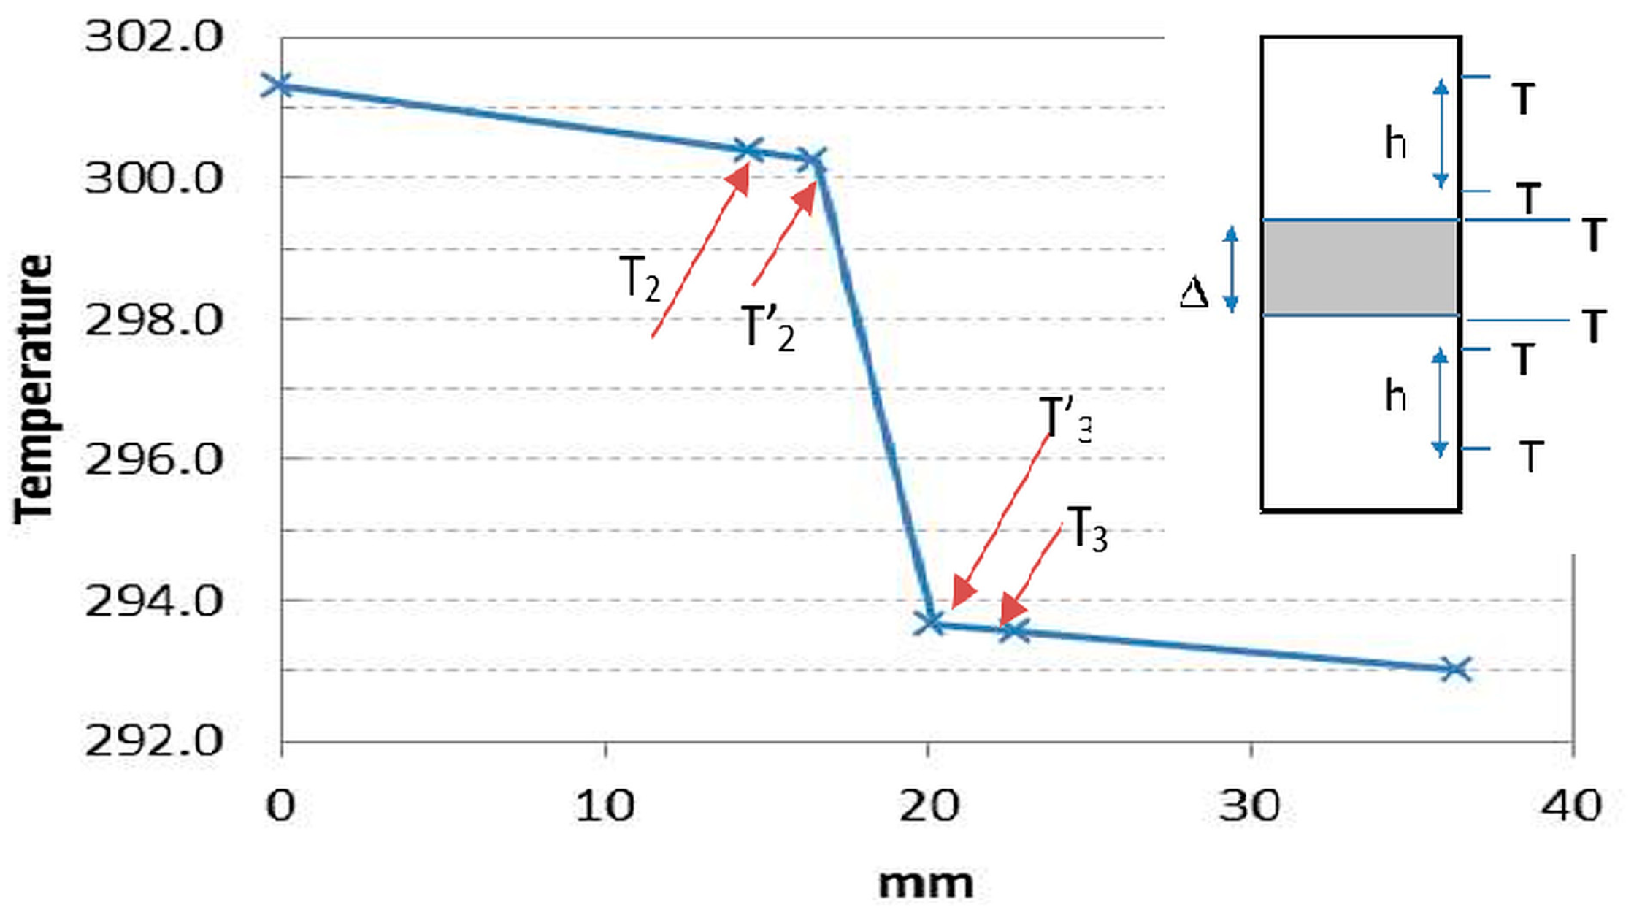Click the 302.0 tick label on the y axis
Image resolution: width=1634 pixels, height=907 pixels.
point(153,37)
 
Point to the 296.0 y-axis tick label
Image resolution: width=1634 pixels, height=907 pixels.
point(153,460)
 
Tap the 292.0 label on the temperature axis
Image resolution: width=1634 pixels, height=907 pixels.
point(153,741)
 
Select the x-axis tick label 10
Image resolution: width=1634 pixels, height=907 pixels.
point(605,806)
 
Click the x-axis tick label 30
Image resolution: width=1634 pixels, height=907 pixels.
point(1251,806)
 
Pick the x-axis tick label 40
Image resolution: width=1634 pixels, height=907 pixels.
point(1571,806)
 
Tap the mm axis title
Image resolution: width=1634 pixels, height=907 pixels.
point(925,883)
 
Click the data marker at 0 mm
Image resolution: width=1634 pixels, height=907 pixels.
point(278,85)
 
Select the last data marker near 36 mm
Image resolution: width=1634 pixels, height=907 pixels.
point(1456,669)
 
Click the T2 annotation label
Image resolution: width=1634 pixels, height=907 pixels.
point(640,278)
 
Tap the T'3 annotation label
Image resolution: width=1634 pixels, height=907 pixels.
point(1065,420)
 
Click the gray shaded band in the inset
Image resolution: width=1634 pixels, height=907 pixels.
point(1360,268)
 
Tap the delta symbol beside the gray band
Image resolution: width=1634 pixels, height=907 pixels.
point(1194,294)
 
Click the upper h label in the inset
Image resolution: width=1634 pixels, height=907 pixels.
point(1395,143)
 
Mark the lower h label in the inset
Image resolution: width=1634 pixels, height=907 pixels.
point(1395,397)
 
